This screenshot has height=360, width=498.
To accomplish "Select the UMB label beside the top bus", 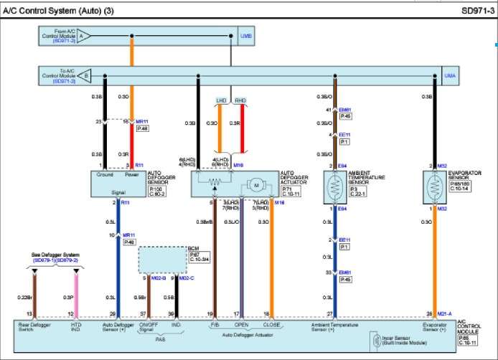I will click(246, 34).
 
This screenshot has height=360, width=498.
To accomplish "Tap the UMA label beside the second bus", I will click(448, 75).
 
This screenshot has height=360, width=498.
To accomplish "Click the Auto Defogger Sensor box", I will click(118, 183).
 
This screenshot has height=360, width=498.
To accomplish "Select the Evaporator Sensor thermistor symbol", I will click(433, 184).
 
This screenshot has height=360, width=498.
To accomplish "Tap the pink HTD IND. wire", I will click(76, 294).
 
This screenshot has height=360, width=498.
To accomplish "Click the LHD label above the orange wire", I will click(221, 101).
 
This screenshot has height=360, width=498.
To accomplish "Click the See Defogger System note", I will click(54, 255).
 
